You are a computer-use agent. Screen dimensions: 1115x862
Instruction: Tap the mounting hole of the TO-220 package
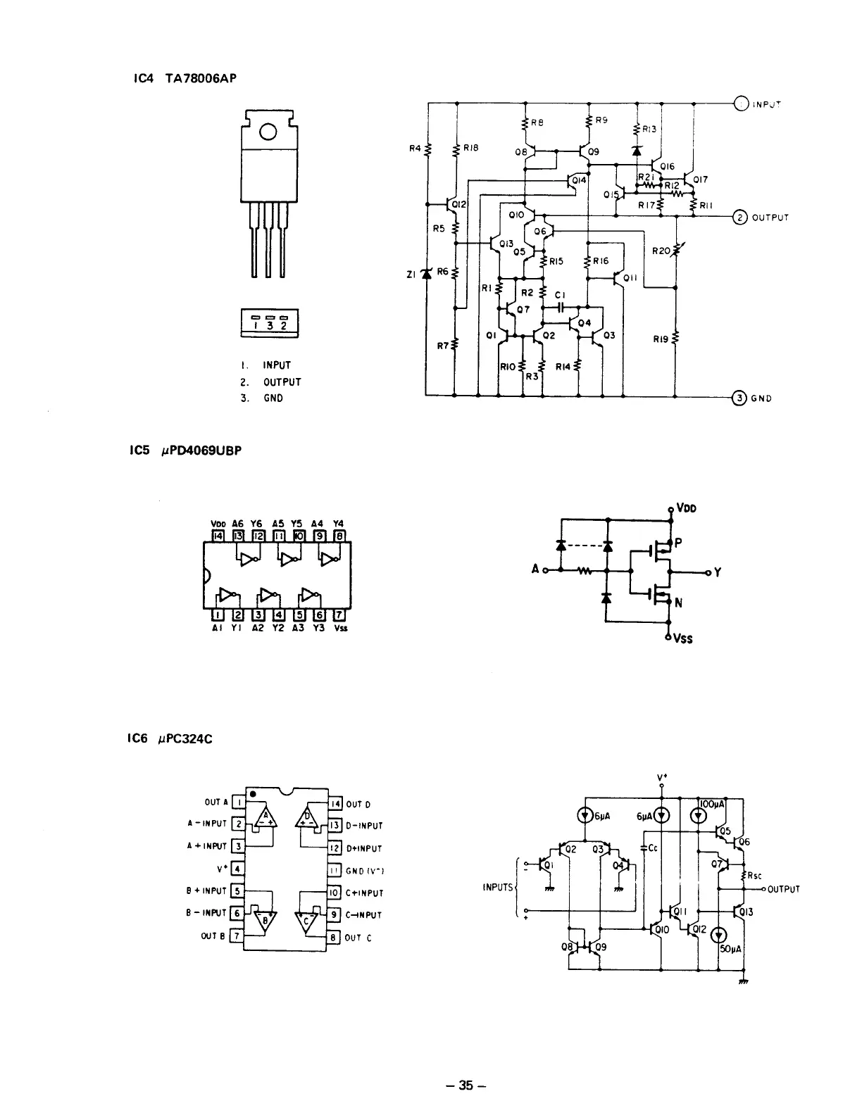[x=268, y=132]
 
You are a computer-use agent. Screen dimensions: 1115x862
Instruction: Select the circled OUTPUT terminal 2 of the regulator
[x=740, y=217]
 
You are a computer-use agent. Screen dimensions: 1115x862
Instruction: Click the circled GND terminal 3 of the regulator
[x=739, y=398]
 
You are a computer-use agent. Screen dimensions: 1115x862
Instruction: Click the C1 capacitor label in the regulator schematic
[x=560, y=296]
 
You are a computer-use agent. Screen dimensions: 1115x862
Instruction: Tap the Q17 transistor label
[x=701, y=179]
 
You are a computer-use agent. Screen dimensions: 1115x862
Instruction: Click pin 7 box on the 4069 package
[x=339, y=615]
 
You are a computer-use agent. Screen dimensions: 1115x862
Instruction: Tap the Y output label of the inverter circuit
[x=717, y=573]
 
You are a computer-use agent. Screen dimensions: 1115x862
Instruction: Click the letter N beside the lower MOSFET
[x=679, y=603]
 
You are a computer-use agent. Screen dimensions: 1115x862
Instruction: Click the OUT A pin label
[x=216, y=802]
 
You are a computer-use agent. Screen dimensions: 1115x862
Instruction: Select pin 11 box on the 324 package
[x=335, y=871]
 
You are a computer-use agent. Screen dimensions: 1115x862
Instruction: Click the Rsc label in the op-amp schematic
[x=756, y=876]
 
